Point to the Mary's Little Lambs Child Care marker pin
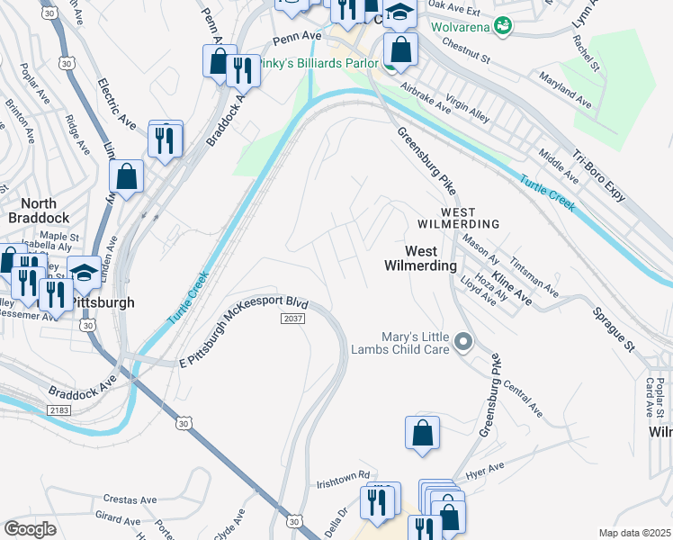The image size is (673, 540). click(463, 341)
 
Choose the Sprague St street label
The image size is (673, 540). click(613, 328)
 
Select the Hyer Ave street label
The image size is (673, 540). click(485, 471)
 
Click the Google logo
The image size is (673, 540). click(30, 529)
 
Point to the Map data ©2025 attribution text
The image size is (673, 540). click(634, 533)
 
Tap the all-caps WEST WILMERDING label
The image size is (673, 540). click(457, 223)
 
